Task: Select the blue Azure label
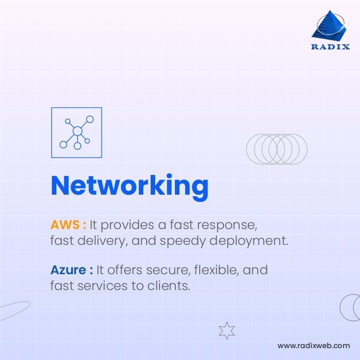[68, 270]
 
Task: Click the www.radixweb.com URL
[314, 345]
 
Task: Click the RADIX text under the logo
[331, 47]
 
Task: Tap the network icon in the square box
[77, 133]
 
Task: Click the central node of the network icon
[77, 131]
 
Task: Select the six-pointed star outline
[226, 330]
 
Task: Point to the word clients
[167, 286]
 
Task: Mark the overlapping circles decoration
[276, 149]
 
